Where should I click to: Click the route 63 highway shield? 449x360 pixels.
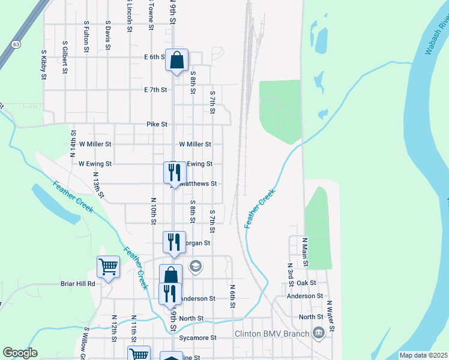coord(16,44)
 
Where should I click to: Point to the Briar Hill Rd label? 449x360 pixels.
coord(78,283)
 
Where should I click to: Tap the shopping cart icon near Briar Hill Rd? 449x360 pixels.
coord(108,266)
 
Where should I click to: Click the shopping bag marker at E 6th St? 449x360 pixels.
coord(176,60)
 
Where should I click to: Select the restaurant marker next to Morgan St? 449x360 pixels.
coord(173,242)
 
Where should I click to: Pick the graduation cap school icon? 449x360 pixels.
coord(195,265)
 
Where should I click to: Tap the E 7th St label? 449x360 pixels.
coord(155,89)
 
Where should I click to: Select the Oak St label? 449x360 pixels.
coord(306,283)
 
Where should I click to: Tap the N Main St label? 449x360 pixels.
coord(305,251)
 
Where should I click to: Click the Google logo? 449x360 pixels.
coord(20,353)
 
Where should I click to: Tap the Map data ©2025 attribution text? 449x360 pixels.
coord(423,355)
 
